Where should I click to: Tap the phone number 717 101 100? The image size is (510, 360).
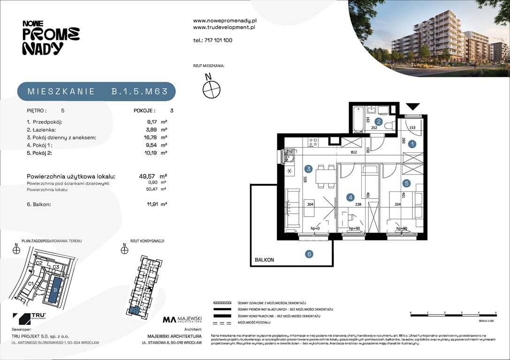(213, 40)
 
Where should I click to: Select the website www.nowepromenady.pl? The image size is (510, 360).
(224, 21)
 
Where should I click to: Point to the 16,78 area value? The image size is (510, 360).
(151, 137)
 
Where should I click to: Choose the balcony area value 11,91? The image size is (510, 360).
(151, 204)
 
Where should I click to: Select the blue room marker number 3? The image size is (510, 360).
(308, 169)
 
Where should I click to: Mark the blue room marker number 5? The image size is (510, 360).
(407, 183)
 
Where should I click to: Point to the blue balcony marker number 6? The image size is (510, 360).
(309, 254)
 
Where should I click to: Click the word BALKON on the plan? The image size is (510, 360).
(264, 259)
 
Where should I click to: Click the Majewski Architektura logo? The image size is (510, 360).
(182, 320)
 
